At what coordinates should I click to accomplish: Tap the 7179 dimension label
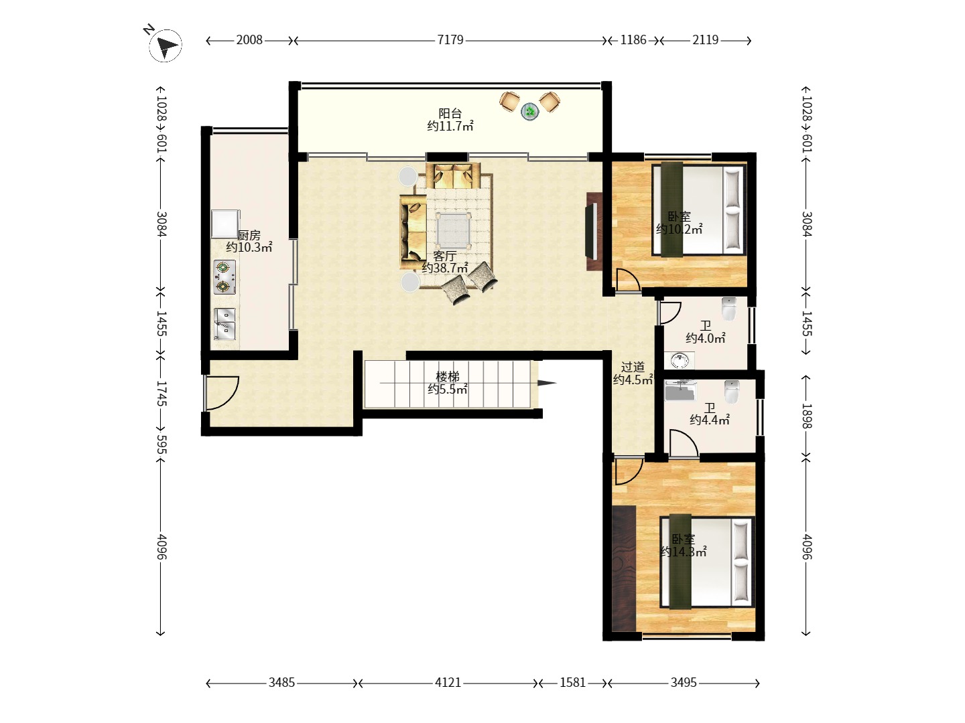[x=450, y=40]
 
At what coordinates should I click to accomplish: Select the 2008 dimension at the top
[x=249, y=40]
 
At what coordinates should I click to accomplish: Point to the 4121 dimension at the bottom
[x=448, y=683]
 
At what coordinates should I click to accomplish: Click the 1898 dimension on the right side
[x=807, y=416]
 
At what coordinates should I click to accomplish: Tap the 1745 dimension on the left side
[x=162, y=394]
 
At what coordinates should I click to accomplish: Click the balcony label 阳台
[x=450, y=113]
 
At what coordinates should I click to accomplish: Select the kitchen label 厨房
[x=249, y=235]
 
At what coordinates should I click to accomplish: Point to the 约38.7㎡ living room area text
[x=444, y=267]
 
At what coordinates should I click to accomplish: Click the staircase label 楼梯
[x=448, y=376]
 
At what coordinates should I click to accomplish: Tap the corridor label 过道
[x=633, y=367]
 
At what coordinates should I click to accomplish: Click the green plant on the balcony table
[x=530, y=111]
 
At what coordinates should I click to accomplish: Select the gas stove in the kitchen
[x=224, y=277]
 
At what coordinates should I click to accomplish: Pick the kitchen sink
[x=224, y=324]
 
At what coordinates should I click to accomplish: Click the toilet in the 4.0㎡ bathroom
[x=729, y=309]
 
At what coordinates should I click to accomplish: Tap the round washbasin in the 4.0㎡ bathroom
[x=680, y=360]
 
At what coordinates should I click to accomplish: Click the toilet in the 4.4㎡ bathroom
[x=732, y=392]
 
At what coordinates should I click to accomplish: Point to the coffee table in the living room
[x=453, y=230]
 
